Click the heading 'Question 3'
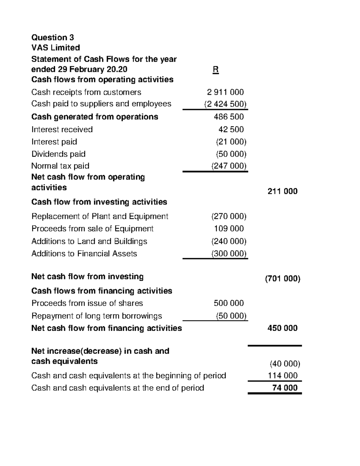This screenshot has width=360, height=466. click(x=52, y=38)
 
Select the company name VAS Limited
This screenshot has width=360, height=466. click(x=55, y=48)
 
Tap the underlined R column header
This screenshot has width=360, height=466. click(x=215, y=70)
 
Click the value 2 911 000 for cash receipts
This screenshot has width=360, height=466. click(x=225, y=92)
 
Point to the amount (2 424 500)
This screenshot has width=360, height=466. click(x=225, y=104)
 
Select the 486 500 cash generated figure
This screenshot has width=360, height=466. click(x=229, y=117)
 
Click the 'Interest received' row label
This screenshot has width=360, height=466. click(x=62, y=129)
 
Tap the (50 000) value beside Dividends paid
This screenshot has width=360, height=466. click(x=231, y=154)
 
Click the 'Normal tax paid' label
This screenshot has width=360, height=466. click(x=60, y=166)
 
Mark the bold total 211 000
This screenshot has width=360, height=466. click(x=282, y=191)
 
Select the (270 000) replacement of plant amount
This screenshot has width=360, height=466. click(x=229, y=216)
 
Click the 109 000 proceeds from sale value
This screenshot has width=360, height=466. click(x=229, y=229)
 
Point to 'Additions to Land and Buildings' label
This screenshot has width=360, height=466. click(x=89, y=241)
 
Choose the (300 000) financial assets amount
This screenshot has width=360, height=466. click(x=229, y=254)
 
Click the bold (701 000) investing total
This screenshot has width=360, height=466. click(x=282, y=279)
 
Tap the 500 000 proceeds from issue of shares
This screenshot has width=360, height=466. click(x=229, y=303)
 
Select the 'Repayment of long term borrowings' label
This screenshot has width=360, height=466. click(x=96, y=316)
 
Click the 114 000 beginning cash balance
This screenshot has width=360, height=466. click(x=283, y=376)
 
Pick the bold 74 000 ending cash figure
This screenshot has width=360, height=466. click(x=285, y=388)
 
